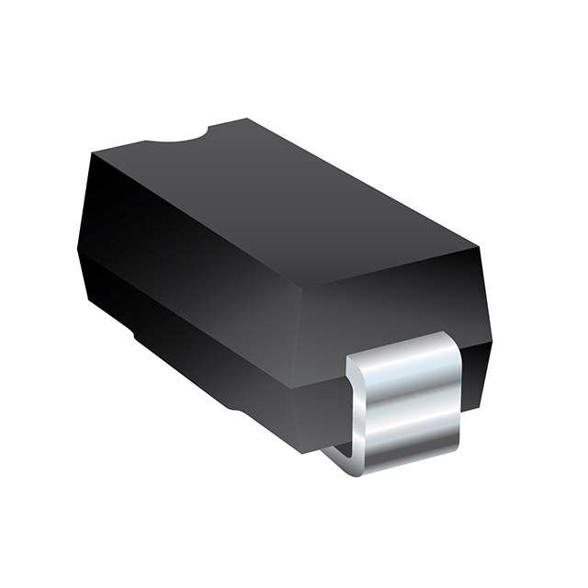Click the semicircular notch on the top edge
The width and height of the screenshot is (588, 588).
[x=175, y=139]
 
